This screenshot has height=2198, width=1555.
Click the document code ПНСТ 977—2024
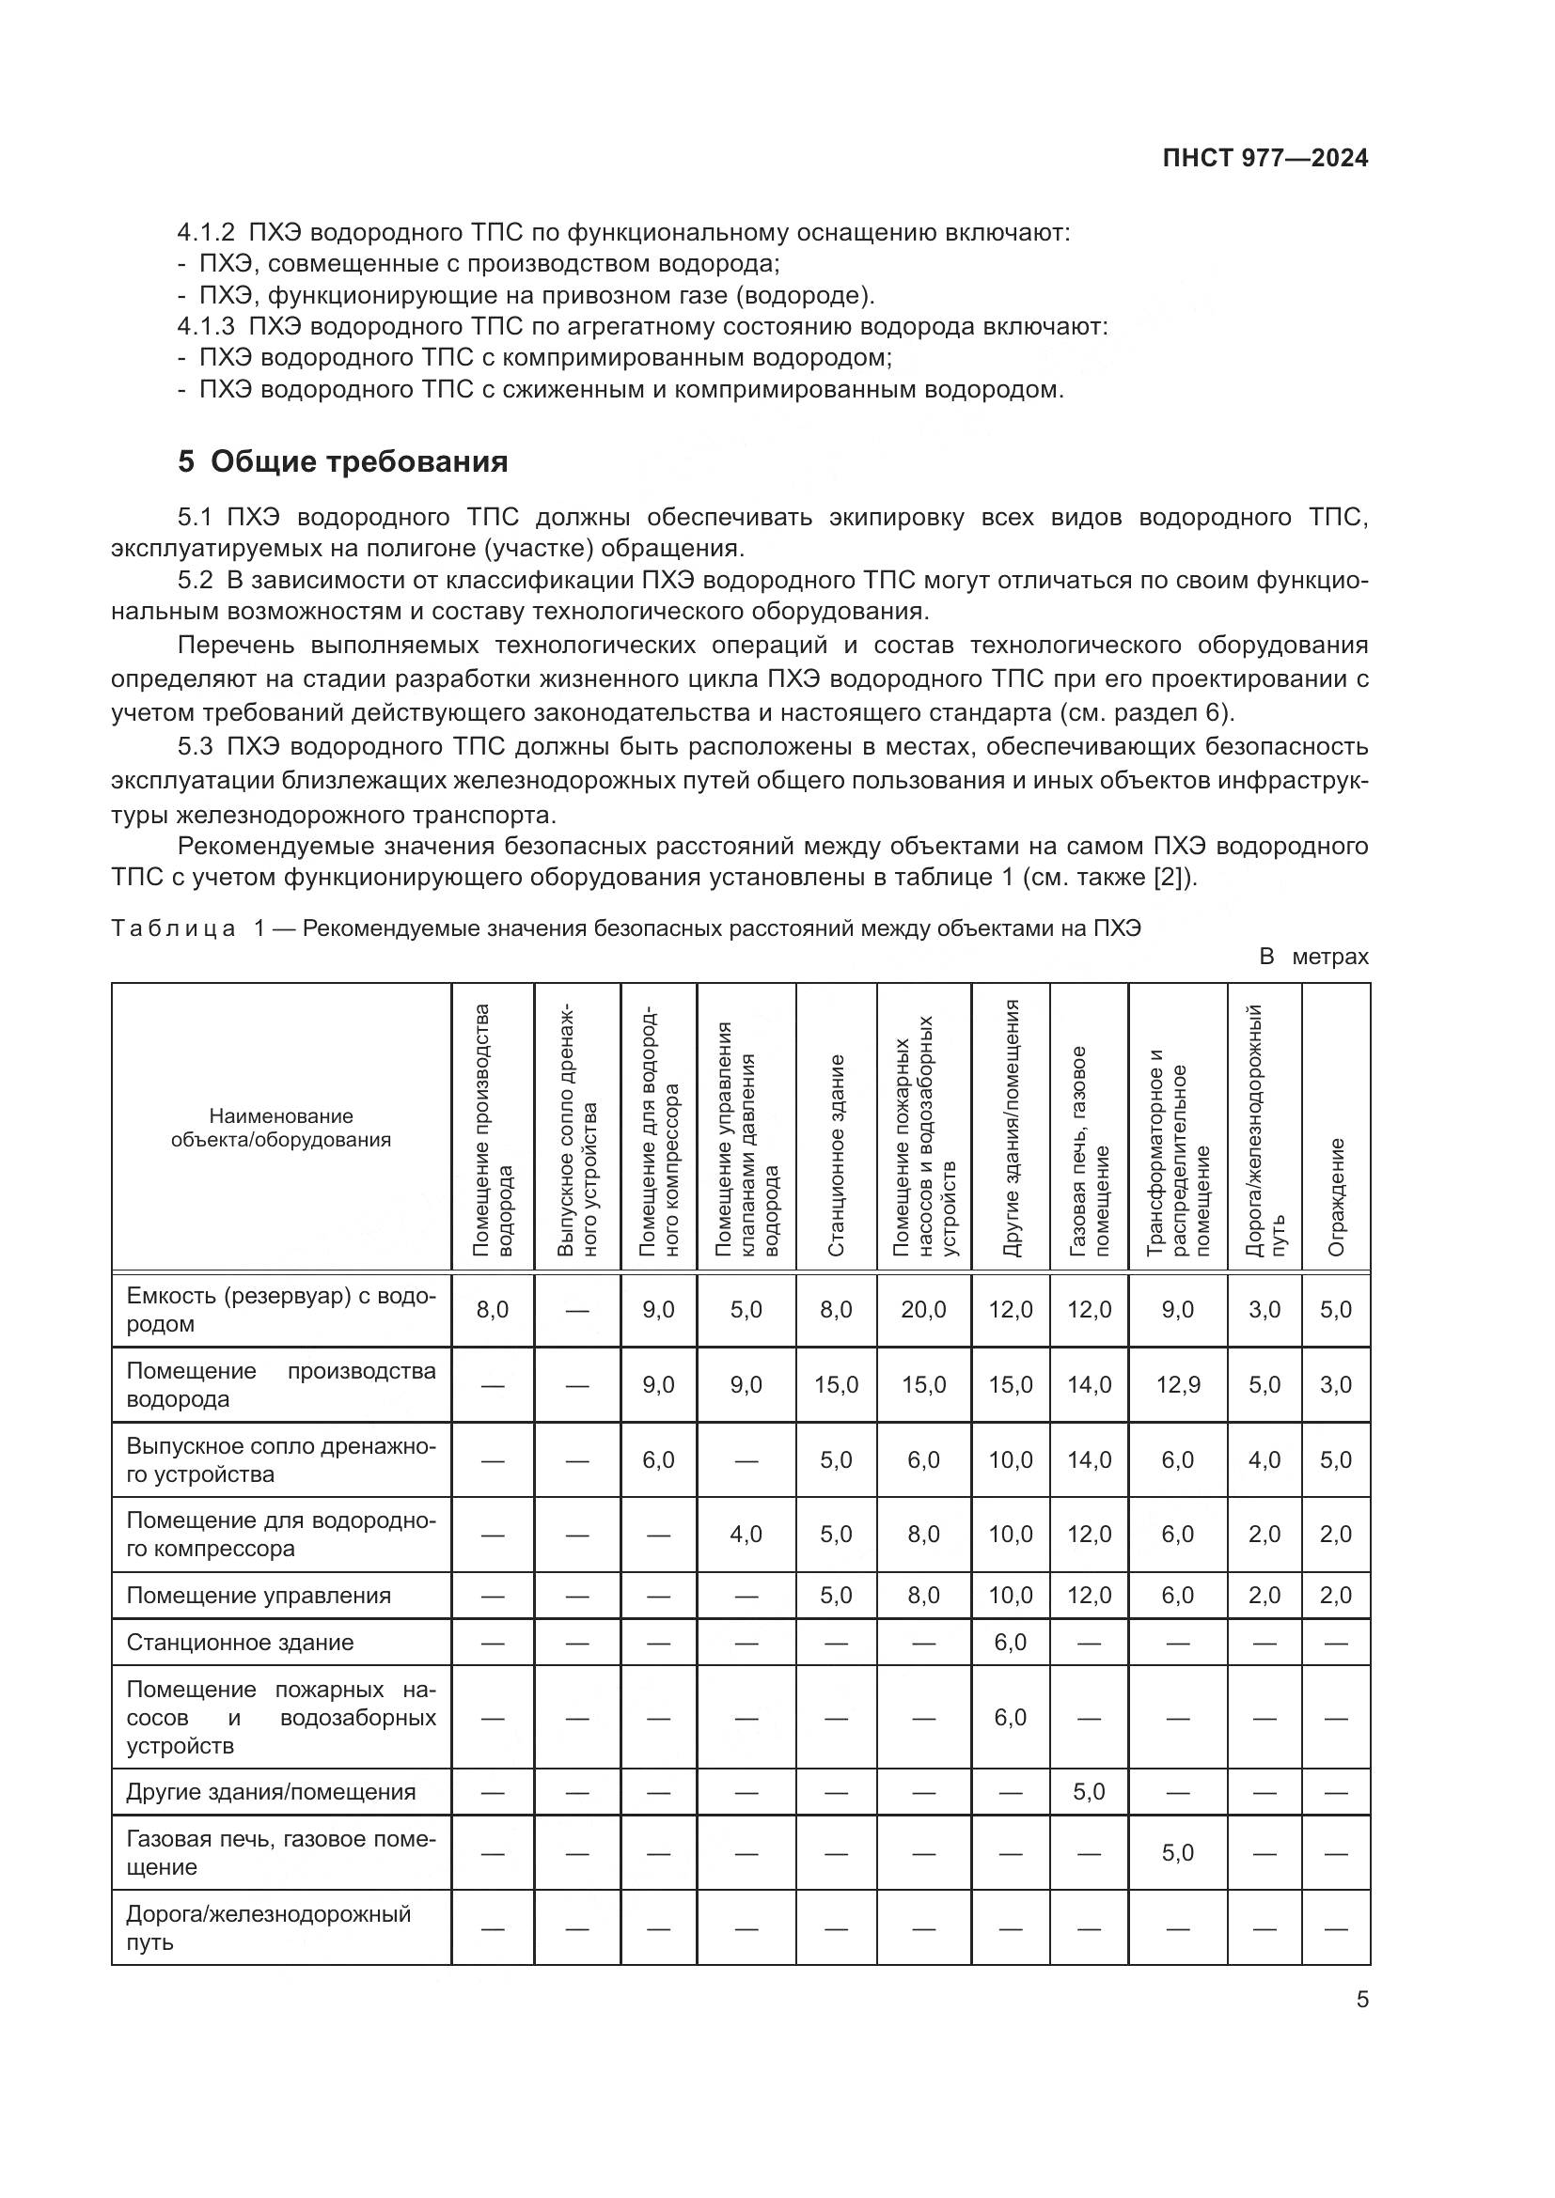tap(1264, 159)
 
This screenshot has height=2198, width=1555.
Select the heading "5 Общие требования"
tap(343, 462)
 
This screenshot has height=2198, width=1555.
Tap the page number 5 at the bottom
tap(1362, 1999)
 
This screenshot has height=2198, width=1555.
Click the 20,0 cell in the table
tap(923, 1310)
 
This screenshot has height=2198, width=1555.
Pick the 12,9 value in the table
tap(1177, 1384)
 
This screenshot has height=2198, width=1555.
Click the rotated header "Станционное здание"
tap(836, 1155)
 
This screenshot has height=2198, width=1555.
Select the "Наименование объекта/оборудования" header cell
tap(280, 1128)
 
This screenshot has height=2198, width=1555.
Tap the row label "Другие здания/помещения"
tap(271, 1792)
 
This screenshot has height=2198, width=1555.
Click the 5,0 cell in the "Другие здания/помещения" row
tap(1089, 1791)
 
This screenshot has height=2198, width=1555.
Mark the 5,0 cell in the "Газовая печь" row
tap(1177, 1852)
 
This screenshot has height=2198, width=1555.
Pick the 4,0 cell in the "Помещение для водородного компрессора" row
tap(746, 1535)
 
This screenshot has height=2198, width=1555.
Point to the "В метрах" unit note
tap(1313, 957)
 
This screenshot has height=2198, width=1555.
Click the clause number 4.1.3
tap(206, 326)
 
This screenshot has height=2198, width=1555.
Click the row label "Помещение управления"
tap(259, 1595)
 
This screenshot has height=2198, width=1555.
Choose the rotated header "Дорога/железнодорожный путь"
tap(1264, 1130)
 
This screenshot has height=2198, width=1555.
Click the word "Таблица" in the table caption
tap(173, 928)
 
